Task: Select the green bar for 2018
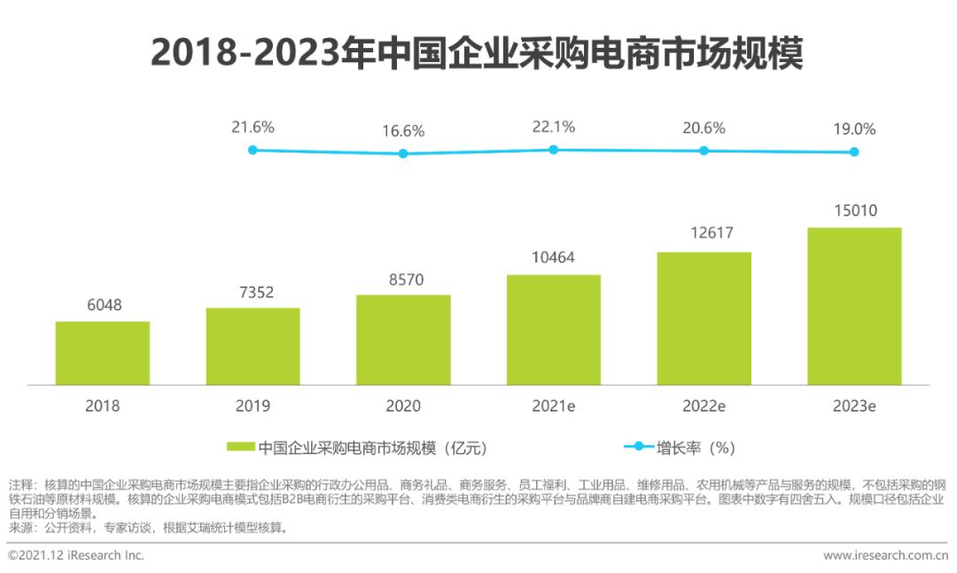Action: [x=103, y=353]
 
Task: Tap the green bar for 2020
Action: [x=403, y=340]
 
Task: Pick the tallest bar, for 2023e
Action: [x=854, y=306]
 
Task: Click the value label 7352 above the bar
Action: [x=253, y=293]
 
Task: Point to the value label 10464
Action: [x=553, y=258]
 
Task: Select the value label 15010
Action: [x=854, y=211]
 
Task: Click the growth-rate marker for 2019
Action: [x=253, y=150]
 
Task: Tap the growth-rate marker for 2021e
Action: [x=553, y=150]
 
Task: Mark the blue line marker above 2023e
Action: [x=854, y=152]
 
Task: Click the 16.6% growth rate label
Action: [x=403, y=131]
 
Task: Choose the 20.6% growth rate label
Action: [x=704, y=128]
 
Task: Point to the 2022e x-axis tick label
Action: [x=704, y=406]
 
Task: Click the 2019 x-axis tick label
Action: [x=253, y=406]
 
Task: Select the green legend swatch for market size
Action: [x=241, y=447]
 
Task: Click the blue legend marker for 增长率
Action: [x=638, y=447]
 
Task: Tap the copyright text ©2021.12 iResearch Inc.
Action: [x=75, y=555]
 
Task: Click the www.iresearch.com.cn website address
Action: [x=884, y=555]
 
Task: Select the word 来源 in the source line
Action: [x=21, y=528]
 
